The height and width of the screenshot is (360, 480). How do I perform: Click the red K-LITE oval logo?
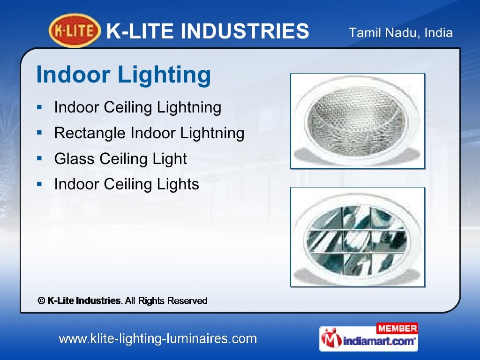(75, 31)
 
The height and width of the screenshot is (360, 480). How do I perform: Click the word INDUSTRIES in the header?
(245, 32)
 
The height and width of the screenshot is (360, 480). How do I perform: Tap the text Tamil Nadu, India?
(401, 33)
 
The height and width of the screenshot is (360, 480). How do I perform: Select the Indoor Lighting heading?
(124, 75)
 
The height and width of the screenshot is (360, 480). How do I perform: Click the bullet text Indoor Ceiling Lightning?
(137, 107)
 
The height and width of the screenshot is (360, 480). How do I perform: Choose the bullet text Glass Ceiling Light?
(120, 159)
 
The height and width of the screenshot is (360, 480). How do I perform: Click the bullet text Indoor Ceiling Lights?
(127, 184)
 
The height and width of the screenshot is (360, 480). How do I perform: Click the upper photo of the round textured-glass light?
(357, 120)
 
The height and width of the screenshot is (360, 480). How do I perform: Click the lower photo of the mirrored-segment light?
(357, 237)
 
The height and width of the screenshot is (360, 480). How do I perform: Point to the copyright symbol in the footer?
(41, 300)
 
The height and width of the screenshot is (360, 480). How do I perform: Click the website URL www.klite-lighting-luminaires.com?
(157, 338)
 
